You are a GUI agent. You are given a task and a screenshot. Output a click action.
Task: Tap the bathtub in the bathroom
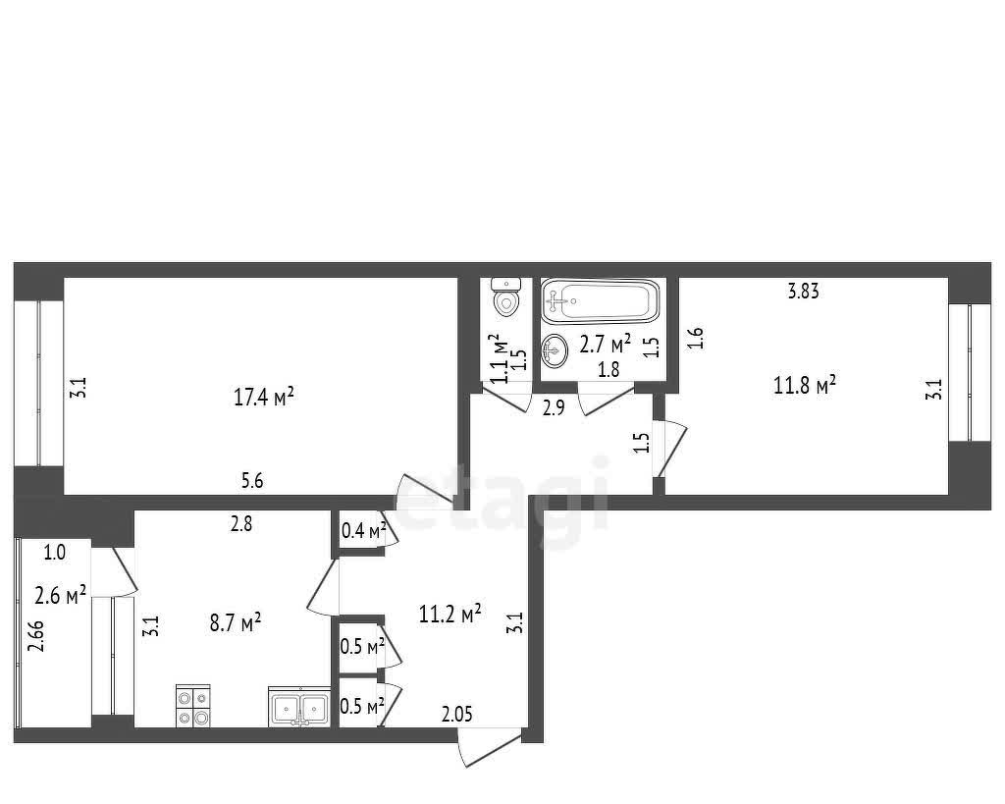600,300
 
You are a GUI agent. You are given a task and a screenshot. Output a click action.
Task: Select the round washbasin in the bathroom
555,350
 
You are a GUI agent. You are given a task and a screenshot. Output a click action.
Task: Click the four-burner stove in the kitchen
193,706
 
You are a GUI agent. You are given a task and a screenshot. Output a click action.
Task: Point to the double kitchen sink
299,707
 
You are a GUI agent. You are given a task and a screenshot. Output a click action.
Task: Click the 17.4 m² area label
263,397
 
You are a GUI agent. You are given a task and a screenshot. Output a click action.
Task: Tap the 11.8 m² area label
805,386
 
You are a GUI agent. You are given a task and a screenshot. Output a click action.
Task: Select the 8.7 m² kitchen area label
236,622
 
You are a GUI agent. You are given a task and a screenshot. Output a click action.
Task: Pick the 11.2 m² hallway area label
450,615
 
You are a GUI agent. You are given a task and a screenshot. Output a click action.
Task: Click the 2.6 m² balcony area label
60,596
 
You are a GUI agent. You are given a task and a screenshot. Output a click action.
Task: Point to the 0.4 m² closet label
363,530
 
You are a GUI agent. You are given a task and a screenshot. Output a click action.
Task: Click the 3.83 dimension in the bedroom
803,292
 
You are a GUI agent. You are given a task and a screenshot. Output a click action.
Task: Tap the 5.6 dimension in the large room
252,480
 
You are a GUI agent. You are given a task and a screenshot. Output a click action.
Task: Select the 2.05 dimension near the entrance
457,714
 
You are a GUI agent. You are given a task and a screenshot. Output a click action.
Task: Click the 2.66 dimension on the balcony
37,635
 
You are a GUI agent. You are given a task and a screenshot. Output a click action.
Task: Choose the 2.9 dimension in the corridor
554,407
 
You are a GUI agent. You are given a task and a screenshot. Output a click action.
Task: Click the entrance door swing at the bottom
490,748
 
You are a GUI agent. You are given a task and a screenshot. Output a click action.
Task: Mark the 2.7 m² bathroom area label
605,344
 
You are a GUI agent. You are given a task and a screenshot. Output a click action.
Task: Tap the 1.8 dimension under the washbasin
608,369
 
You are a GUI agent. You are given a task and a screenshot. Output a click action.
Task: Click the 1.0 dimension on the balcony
55,552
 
